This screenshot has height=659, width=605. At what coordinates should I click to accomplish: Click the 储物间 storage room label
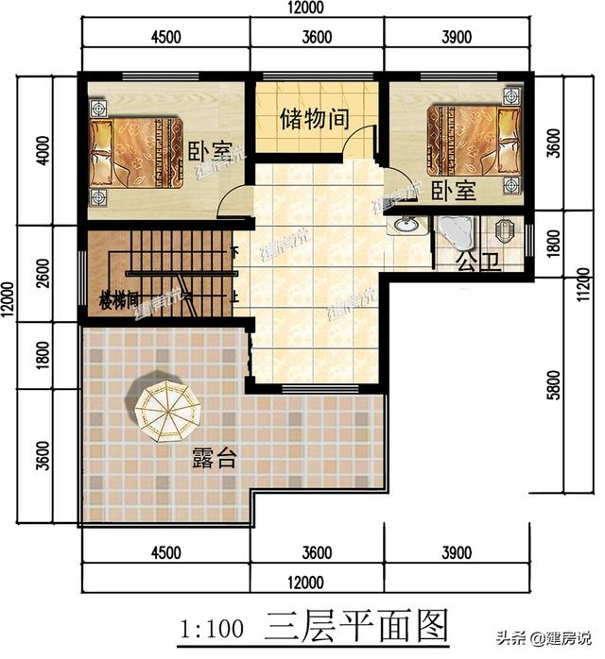[x=315, y=120]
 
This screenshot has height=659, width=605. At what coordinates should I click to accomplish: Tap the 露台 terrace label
[x=214, y=460]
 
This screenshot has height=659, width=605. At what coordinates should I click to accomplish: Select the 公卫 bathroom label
[x=476, y=262]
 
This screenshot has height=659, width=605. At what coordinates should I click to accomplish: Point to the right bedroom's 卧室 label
[x=453, y=191]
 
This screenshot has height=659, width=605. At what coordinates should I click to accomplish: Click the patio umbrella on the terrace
[x=166, y=408]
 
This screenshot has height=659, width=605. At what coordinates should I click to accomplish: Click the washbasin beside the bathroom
[x=406, y=227]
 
